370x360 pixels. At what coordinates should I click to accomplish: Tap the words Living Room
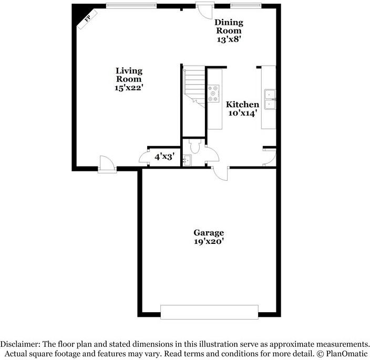point(129,75)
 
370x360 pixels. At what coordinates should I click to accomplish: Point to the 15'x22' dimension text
point(129,88)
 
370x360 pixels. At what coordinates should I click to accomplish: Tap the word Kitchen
point(242,105)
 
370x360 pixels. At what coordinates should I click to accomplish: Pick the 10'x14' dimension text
point(242,113)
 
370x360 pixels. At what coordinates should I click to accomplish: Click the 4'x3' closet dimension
point(163,156)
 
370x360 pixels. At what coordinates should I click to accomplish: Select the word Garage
point(209,232)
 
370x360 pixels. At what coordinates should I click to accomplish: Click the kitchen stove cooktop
point(214,93)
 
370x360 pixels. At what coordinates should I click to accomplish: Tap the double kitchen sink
point(271,99)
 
